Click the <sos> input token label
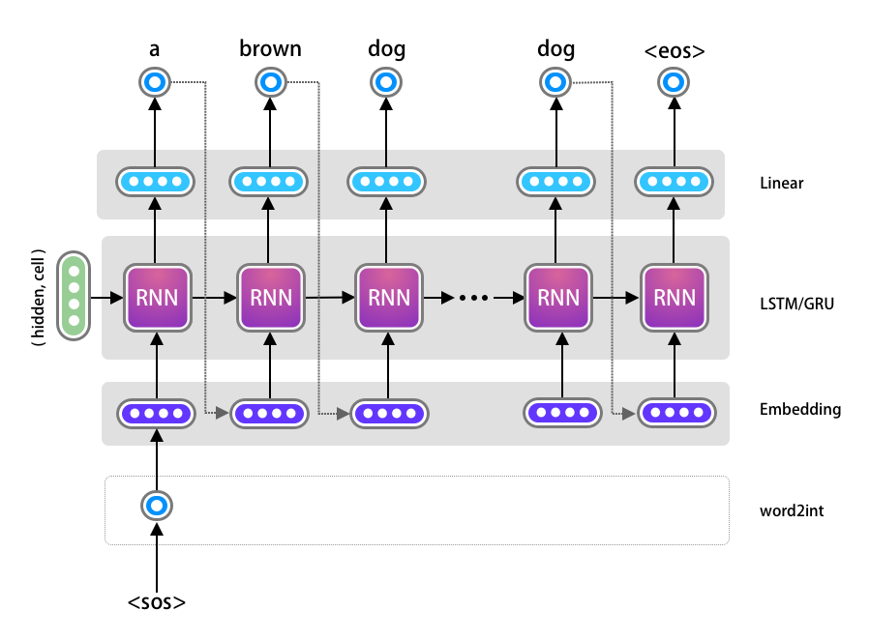pos(156,603)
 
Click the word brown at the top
pos(270,48)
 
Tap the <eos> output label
pos(674,48)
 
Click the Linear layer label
pos(781,183)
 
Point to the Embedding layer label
pos(800,409)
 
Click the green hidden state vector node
pos(74,296)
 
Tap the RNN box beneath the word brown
pos(269,297)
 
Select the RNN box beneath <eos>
pos(674,297)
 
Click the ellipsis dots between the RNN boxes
pos(474,298)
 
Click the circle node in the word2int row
pos(156,506)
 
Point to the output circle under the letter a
pos(155,83)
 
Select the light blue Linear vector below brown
pos(269,181)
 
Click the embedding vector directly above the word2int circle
pos(156,413)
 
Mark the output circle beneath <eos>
pos(674,83)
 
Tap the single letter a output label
pos(155,48)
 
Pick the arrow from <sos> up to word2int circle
pos(156,556)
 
